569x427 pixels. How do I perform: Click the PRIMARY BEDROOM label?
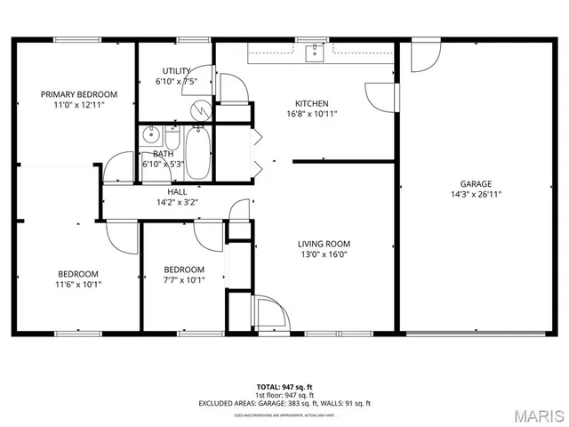79,94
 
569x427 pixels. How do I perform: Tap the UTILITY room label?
175,71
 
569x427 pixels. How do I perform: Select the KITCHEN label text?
311,103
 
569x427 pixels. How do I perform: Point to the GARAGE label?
477,184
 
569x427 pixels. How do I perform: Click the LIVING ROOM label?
324,244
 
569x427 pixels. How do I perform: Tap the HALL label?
177,192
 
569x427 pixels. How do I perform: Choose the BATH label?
163,154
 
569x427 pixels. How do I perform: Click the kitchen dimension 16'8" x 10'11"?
311,114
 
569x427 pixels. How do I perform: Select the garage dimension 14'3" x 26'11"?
477,195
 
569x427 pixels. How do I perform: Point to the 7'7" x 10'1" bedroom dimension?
184,280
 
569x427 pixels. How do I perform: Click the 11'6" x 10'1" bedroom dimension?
79,285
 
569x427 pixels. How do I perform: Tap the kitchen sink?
313,53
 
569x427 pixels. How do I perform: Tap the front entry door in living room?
269,311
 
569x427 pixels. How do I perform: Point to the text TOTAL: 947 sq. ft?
284,387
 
